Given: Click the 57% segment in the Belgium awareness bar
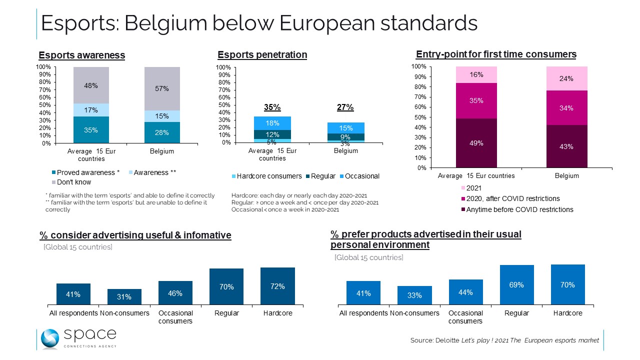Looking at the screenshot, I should pyautogui.click(x=162, y=88).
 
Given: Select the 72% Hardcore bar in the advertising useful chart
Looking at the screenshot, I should pyautogui.click(x=277, y=286).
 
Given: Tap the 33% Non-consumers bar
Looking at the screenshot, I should pyautogui.click(x=414, y=295).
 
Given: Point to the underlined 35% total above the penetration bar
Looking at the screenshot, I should pyautogui.click(x=272, y=107).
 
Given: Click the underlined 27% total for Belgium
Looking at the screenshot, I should pyautogui.click(x=345, y=107).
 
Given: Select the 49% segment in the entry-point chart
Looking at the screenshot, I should pyautogui.click(x=476, y=143).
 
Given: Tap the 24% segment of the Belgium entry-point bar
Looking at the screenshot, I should pyautogui.click(x=566, y=78).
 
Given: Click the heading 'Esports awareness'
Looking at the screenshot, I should pyautogui.click(x=82, y=55).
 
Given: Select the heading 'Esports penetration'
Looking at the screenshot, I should pyautogui.click(x=262, y=55).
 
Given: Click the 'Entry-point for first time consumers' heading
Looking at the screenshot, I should pyautogui.click(x=496, y=54).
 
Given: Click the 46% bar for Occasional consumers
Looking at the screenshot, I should pyautogui.click(x=175, y=292).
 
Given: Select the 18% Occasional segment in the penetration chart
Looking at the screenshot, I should pyautogui.click(x=272, y=123).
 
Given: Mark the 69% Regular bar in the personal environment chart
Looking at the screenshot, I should pyautogui.click(x=516, y=284).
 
